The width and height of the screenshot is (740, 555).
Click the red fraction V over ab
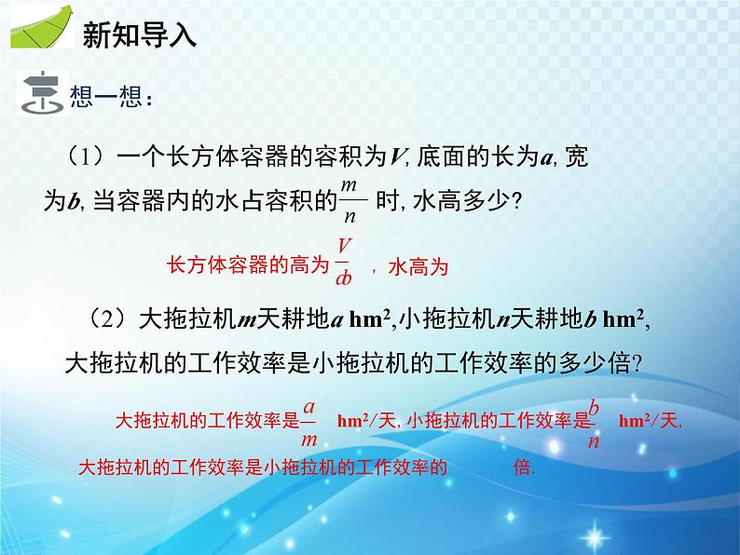click(343, 260)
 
